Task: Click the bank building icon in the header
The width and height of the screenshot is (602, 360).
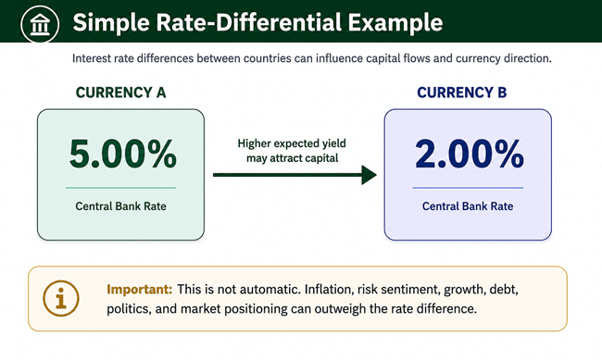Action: [x=40, y=24]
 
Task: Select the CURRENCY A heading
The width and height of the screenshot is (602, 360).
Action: [x=120, y=93]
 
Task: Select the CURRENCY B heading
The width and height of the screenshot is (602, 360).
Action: [x=462, y=93]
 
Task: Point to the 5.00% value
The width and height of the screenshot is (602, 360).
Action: [x=123, y=154]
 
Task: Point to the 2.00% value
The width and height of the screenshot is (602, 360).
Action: [x=470, y=154]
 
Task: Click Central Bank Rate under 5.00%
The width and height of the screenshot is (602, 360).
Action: [x=120, y=206]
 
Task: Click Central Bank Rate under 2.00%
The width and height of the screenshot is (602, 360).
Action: [x=468, y=206]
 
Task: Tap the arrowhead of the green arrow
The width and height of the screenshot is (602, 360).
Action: [x=370, y=175]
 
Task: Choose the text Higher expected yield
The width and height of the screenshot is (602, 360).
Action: [x=292, y=143]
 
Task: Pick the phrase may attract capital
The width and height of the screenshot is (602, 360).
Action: [x=292, y=158]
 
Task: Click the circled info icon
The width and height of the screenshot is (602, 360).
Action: [x=61, y=298]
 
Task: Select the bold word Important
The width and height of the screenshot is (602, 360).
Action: [x=139, y=289]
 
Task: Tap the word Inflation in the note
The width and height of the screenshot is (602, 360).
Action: [x=329, y=289]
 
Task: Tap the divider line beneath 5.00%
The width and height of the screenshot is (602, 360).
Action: [x=120, y=188]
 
